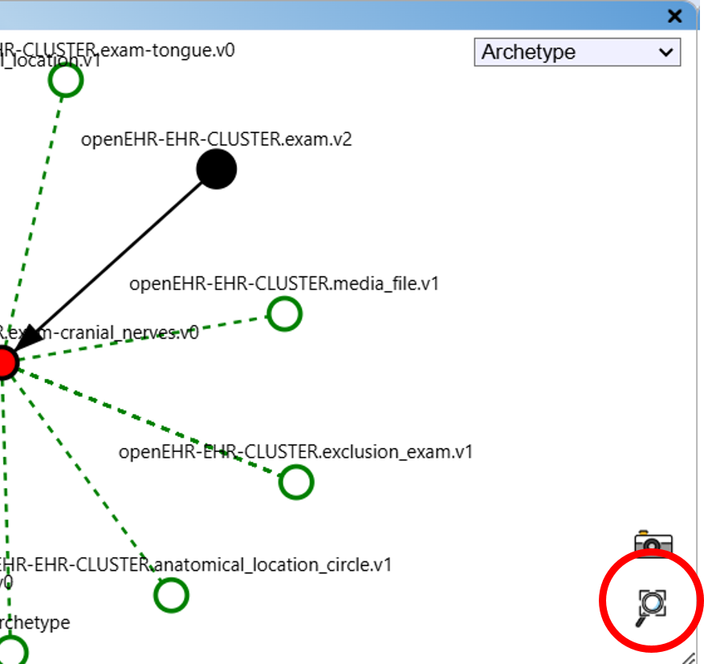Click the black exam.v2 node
216,169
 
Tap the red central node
4,363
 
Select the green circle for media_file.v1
284,314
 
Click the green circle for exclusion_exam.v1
296,483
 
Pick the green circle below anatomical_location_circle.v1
170,596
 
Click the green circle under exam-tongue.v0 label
66,80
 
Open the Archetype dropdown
576,53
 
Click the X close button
674,15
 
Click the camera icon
653,541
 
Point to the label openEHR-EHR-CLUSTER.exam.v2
216,140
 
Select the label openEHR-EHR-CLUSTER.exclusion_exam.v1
295,452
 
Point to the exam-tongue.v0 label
120,51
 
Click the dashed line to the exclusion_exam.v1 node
153,424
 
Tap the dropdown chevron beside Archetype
665,53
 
